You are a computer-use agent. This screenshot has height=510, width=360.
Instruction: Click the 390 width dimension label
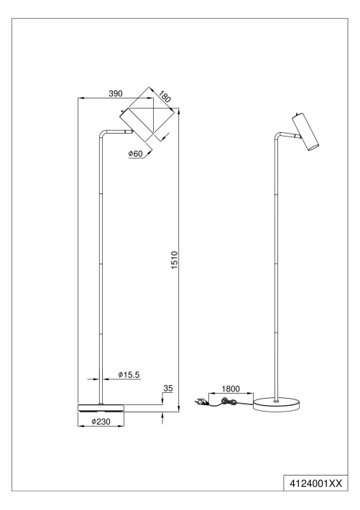click(x=115, y=93)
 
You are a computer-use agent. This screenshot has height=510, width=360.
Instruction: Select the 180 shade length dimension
click(x=165, y=96)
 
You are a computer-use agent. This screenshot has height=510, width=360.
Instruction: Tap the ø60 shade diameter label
click(x=135, y=154)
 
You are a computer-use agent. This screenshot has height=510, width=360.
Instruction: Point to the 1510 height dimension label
click(x=175, y=260)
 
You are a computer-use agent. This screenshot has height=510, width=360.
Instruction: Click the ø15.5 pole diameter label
click(x=129, y=375)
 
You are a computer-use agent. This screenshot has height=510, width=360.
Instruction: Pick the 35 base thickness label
click(x=168, y=388)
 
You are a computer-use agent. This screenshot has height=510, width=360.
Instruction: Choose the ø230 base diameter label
click(x=101, y=422)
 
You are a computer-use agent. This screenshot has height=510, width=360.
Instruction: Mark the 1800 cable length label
click(x=231, y=389)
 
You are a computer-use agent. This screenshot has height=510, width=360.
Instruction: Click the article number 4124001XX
click(x=316, y=483)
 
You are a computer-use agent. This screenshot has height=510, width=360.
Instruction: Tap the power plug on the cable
click(x=200, y=402)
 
